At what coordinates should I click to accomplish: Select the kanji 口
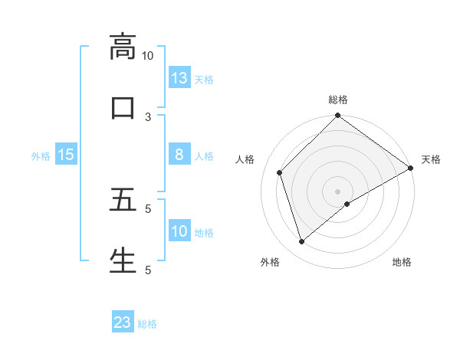pos(123,107)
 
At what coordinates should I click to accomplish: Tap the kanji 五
pos(123,200)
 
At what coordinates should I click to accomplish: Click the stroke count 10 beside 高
pos(148,56)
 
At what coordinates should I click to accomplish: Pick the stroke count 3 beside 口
pos(148,116)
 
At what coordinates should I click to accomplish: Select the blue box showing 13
pos(179,78)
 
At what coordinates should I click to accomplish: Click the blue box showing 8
pos(179,155)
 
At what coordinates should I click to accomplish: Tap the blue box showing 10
pos(179,231)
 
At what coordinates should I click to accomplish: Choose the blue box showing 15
pos(66,155)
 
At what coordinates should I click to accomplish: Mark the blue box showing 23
pos(123,322)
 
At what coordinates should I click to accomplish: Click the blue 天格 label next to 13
pos(204,79)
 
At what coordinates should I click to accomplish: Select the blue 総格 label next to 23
pos(147,323)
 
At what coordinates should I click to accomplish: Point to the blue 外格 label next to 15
pos(41,155)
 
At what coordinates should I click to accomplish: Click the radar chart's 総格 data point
pos(337,116)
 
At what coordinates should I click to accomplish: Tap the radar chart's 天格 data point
pos(410,168)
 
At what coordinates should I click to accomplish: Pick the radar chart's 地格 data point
pos(347,204)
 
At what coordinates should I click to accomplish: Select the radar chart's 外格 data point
pos(301,241)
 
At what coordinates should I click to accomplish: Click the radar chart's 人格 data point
pos(280,172)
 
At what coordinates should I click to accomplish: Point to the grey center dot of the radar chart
pos(337,191)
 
